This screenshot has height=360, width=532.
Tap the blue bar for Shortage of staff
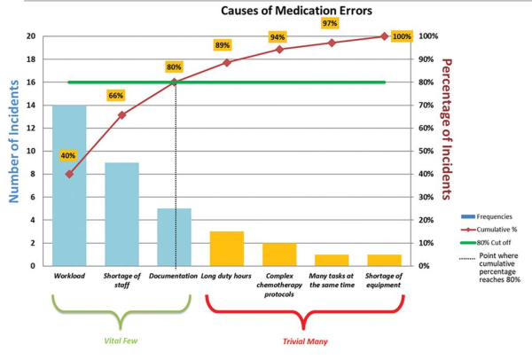point(121,214)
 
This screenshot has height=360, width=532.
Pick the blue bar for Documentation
point(175,237)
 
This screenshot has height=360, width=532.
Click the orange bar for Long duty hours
point(227,248)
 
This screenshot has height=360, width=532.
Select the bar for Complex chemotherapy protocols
point(279,254)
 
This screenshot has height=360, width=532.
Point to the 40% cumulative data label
point(68,156)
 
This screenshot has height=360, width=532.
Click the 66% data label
point(115,96)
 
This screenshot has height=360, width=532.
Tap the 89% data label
point(222,45)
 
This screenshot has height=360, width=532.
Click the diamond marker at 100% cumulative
point(384,36)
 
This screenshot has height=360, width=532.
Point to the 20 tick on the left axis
point(31,36)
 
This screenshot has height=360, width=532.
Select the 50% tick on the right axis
point(427,151)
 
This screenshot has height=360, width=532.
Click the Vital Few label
point(121,338)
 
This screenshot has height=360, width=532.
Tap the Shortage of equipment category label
point(384,279)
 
